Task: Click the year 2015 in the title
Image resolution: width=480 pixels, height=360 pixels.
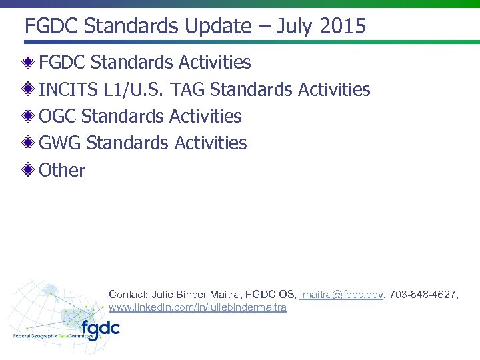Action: point(343,27)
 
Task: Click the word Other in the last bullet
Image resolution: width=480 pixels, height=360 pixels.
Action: point(62,170)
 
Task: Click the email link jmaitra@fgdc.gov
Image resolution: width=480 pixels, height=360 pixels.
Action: point(342,295)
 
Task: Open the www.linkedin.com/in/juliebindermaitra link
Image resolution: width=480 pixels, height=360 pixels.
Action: point(197,307)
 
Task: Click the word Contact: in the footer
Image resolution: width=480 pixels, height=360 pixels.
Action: point(128,295)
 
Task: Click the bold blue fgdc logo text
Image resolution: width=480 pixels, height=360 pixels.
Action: point(101,329)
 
